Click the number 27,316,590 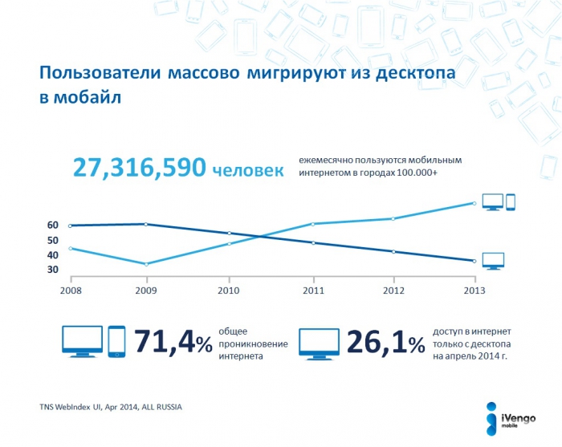[137, 167]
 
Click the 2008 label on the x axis [71, 290]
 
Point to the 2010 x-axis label [229, 290]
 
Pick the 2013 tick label [474, 290]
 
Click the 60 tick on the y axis [52, 226]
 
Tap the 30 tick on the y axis [52, 270]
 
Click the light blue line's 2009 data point [145, 264]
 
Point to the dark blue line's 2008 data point [71, 226]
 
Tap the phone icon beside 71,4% [116, 342]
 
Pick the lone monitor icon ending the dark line [492, 261]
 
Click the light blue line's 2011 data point [312, 224]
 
